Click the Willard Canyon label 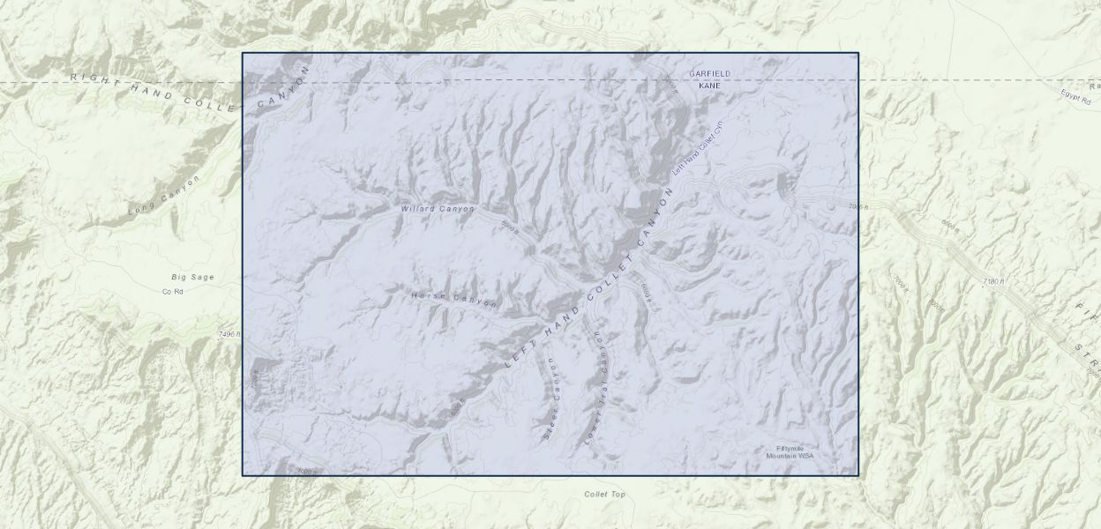click(438, 209)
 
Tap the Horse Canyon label click(453, 299)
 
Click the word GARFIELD click(710, 73)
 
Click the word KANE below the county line click(709, 86)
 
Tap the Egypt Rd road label click(1077, 93)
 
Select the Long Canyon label click(164, 197)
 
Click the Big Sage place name click(192, 277)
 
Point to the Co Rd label click(172, 291)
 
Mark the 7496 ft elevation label click(228, 335)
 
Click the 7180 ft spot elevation click(993, 282)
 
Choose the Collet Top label click(604, 495)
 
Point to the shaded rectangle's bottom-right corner click(858, 476)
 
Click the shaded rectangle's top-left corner click(243, 53)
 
